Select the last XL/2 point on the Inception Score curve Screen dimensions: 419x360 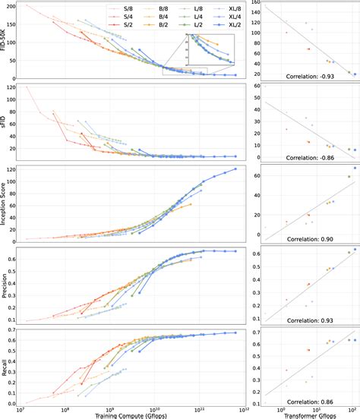point(235,169)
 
